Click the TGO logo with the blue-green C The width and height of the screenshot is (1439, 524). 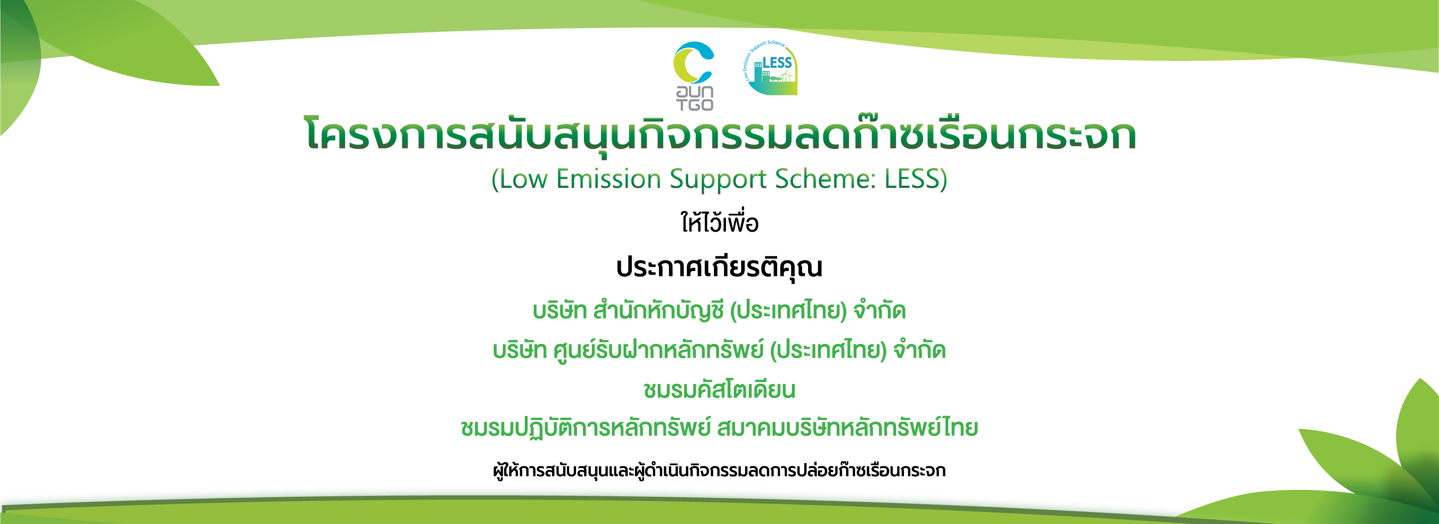click(694, 76)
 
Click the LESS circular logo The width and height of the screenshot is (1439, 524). click(770, 68)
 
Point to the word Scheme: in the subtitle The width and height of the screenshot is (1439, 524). click(825, 179)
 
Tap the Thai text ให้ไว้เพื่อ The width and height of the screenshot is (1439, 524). click(719, 222)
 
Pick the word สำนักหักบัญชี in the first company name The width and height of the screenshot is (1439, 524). click(659, 310)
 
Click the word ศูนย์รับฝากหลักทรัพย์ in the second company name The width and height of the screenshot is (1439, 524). click(658, 350)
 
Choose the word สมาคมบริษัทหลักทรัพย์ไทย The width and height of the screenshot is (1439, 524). click(847, 427)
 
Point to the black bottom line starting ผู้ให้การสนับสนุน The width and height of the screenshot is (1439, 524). click(719, 470)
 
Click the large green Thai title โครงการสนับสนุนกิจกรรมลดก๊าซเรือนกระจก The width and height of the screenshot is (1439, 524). click(720, 134)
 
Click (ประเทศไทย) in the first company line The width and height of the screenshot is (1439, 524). click(789, 310)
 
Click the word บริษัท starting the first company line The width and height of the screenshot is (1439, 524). click(560, 310)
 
